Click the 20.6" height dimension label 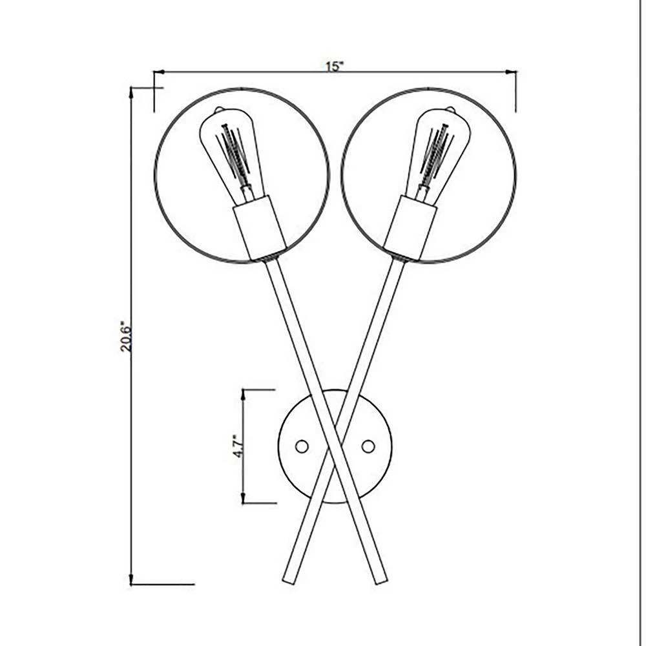(126, 336)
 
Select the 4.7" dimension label (237, 446)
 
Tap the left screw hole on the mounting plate (301, 446)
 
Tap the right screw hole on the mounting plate (368, 446)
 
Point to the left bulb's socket (259, 229)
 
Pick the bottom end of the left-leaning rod (288, 580)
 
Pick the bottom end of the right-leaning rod (381, 580)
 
